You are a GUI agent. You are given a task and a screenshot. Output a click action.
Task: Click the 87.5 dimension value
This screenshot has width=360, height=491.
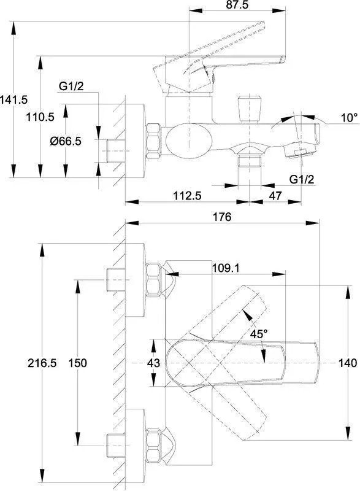click(237, 5)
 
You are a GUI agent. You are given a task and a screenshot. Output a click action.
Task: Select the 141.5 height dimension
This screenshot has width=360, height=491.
click(13, 100)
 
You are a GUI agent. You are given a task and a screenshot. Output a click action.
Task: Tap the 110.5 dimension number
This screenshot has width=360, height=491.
click(40, 117)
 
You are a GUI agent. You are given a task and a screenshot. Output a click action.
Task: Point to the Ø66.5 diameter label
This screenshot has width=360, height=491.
click(66, 141)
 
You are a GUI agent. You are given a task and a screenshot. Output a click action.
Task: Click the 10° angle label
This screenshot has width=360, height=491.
click(349, 118)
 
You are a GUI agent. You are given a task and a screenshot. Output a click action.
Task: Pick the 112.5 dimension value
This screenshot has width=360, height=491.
click(187, 196)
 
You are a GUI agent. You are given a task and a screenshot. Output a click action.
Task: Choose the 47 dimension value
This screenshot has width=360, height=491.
click(275, 196)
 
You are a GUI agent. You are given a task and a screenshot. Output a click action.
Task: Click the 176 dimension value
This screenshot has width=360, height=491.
click(222, 217)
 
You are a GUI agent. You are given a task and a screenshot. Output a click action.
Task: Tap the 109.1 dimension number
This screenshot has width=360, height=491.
click(226, 268)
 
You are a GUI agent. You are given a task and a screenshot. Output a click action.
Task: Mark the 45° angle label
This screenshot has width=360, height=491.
click(259, 334)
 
